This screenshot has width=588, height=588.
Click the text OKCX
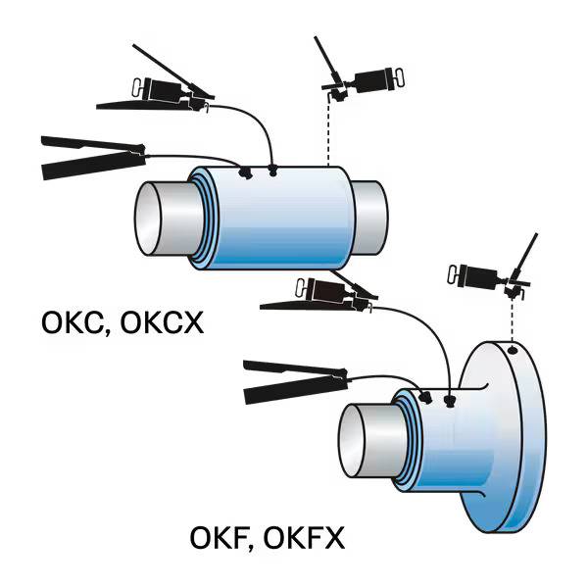(162, 321)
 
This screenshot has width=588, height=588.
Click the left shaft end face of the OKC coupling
(157, 220)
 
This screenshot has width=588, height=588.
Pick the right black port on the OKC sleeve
(273, 170)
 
